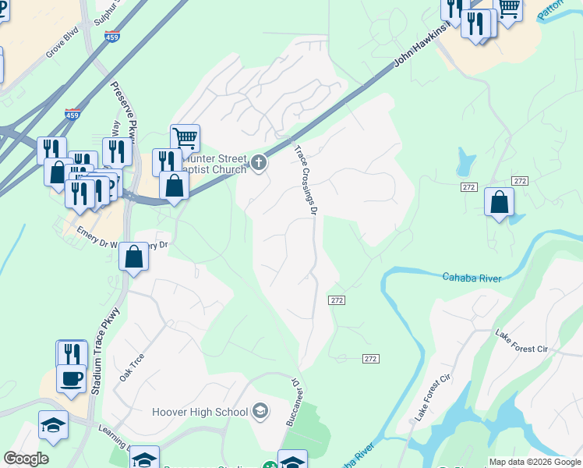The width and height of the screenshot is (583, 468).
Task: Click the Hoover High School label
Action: pyautogui.click(x=200, y=411)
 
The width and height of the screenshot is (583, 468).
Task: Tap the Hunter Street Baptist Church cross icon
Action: pyautogui.click(x=259, y=163)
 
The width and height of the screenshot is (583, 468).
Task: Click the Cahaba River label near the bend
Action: pyautogui.click(x=471, y=277)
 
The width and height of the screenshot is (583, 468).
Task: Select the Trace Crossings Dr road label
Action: pyautogui.click(x=306, y=179)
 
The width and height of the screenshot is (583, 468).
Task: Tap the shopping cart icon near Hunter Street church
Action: pyautogui.click(x=185, y=138)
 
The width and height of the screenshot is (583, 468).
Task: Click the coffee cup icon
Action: pyautogui.click(x=72, y=378)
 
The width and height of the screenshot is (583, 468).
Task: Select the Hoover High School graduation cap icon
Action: pyautogui.click(x=260, y=411)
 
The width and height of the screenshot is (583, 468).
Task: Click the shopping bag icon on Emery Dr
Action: pyautogui.click(x=134, y=257)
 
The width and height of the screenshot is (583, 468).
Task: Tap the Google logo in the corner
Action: pyautogui.click(x=26, y=459)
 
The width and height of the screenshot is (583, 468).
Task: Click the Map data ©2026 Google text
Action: pyautogui.click(x=535, y=462)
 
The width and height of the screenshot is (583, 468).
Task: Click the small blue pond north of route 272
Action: pyautogui.click(x=465, y=161)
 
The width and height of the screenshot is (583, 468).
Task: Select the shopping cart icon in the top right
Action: pyautogui.click(x=508, y=9)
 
